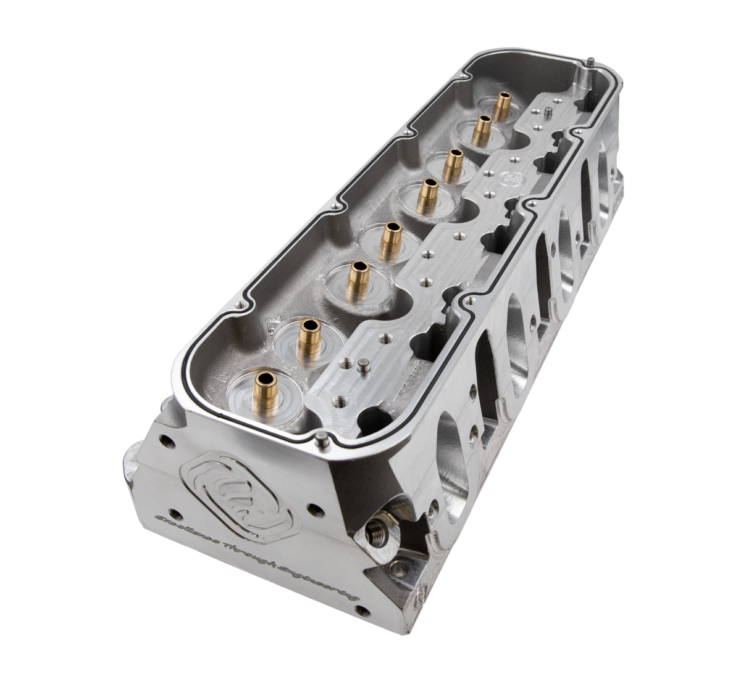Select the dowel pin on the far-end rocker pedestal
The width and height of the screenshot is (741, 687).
click(548, 113)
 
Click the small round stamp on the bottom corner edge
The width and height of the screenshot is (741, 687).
click(422, 595)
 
